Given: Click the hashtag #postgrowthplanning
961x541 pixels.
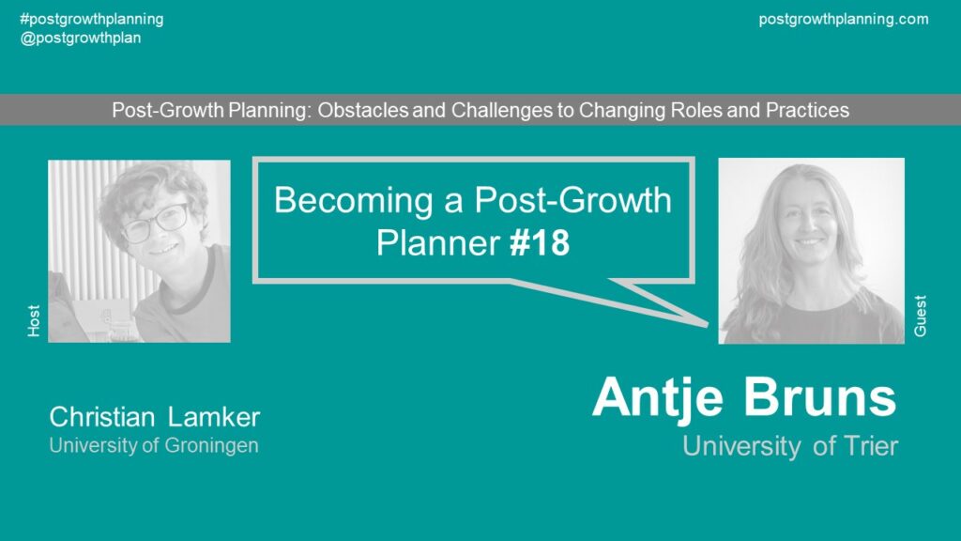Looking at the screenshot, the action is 92,20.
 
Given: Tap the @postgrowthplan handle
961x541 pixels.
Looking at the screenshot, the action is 81,38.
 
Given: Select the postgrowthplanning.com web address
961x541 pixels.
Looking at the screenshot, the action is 844,20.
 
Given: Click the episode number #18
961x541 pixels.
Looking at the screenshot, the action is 540,243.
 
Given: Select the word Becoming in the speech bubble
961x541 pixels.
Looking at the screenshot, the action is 353,201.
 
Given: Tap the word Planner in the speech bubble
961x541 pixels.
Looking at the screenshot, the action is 437,243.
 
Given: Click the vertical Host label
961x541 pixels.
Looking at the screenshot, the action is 34,321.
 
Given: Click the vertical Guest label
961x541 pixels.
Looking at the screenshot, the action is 920,316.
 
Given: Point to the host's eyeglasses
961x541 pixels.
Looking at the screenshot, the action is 155,222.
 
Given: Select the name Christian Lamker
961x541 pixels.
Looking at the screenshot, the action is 155,417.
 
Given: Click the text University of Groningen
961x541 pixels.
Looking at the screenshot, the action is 154,445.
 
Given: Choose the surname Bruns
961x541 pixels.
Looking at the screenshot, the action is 819,397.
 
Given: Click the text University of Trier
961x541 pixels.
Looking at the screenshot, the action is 790,446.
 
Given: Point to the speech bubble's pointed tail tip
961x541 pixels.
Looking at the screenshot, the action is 708,323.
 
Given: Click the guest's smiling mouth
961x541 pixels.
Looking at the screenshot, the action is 809,242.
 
